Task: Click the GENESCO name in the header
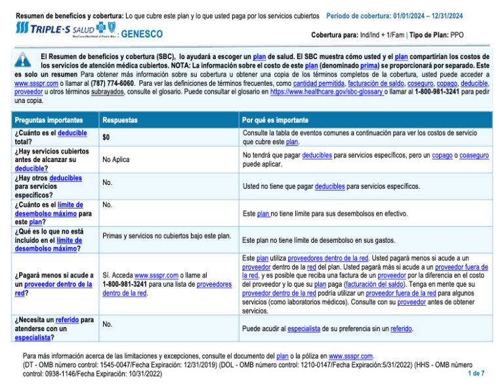click(x=142, y=33)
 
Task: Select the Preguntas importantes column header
click(x=49, y=121)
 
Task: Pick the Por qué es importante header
click(x=275, y=121)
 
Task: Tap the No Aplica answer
click(x=116, y=159)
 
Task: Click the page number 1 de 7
click(x=476, y=373)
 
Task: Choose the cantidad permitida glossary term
click(x=318, y=84)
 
